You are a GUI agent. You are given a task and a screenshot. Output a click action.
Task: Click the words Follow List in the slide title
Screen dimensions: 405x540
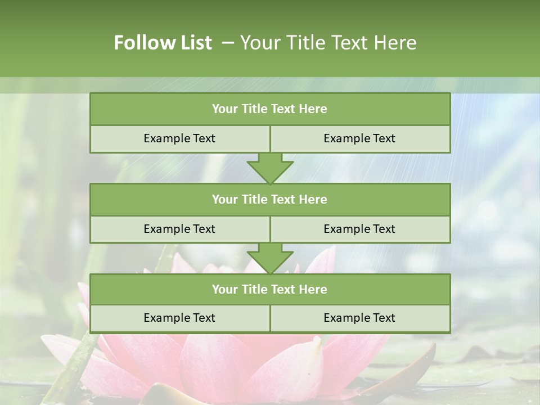pyautogui.click(x=163, y=43)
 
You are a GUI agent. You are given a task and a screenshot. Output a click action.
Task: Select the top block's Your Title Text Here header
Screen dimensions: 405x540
pyautogui.click(x=269, y=109)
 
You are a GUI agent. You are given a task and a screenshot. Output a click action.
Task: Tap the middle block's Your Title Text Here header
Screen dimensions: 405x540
pyautogui.click(x=269, y=199)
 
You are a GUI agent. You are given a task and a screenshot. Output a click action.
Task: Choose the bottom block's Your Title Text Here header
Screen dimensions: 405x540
pyautogui.click(x=269, y=289)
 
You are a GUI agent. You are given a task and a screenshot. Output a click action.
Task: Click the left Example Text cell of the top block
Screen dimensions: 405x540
pyautogui.click(x=179, y=138)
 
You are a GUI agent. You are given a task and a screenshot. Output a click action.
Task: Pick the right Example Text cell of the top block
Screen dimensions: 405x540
pyautogui.click(x=359, y=138)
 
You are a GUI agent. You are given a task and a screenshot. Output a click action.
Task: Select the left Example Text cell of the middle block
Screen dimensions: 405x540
pyautogui.click(x=179, y=229)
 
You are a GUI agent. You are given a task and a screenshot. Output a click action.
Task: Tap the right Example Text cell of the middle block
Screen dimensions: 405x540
pyautogui.click(x=359, y=229)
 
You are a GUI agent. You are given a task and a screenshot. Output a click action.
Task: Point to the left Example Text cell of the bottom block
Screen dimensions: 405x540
pyautogui.click(x=179, y=318)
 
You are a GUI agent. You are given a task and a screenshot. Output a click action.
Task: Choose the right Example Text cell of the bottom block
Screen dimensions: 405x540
pyautogui.click(x=359, y=318)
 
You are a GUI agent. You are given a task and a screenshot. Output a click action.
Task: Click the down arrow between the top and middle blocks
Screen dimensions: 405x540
pyautogui.click(x=270, y=168)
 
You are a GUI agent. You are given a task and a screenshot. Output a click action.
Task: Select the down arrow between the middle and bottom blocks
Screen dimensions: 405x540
pyautogui.click(x=270, y=258)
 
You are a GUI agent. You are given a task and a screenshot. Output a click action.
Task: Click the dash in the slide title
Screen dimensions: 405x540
pyautogui.click(x=228, y=43)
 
